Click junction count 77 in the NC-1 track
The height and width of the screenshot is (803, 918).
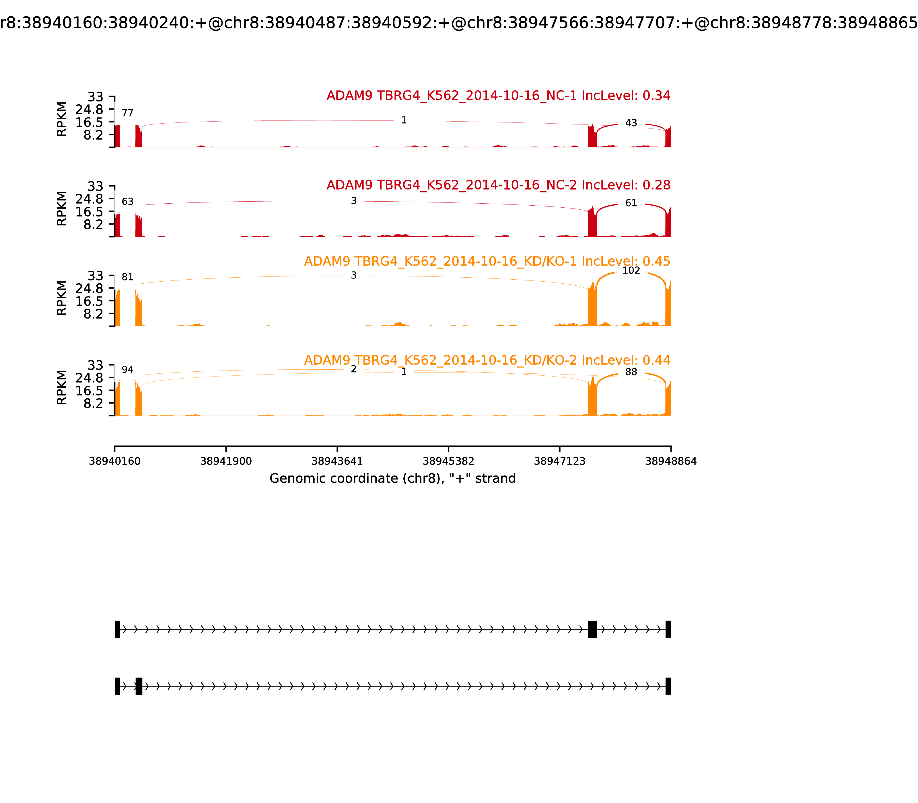click(128, 113)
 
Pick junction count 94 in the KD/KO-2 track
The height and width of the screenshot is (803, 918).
click(128, 370)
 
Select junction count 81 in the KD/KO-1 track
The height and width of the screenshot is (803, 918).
click(128, 277)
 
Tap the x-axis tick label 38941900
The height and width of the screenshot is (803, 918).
click(226, 461)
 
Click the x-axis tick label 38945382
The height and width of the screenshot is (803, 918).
click(448, 461)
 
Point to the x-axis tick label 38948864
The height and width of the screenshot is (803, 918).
click(671, 461)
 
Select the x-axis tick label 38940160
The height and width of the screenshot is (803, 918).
click(115, 461)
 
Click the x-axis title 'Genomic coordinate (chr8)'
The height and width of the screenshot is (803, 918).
click(393, 479)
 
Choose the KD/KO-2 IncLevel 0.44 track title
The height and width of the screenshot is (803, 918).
click(487, 360)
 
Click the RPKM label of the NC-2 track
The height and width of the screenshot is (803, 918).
click(62, 208)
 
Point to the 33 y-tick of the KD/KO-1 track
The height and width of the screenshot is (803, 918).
click(95, 276)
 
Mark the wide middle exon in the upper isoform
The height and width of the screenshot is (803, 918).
click(592, 629)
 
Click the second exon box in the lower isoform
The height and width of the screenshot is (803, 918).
click(139, 686)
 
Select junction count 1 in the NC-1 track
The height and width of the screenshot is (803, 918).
click(403, 120)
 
